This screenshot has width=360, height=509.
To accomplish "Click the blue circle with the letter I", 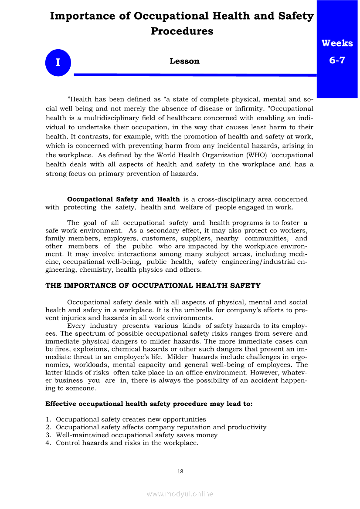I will [58, 63].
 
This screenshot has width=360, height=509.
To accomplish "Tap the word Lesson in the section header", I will [184, 61].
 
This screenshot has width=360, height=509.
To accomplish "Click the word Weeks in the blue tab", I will [337, 43].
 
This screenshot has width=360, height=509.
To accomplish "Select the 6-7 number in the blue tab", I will [337, 60].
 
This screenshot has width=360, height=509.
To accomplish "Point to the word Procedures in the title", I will [182, 31].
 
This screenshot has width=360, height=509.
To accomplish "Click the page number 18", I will [180, 471].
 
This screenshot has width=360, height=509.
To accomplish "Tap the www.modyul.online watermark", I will [180, 494].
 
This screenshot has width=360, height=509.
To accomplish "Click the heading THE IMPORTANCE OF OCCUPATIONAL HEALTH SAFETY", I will [153, 286].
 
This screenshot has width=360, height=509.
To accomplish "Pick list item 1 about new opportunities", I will [131, 419].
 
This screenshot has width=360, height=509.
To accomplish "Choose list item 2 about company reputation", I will [161, 427].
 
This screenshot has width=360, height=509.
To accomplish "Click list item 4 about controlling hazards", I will [127, 443].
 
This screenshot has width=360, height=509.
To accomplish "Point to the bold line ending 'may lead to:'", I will [149, 404].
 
